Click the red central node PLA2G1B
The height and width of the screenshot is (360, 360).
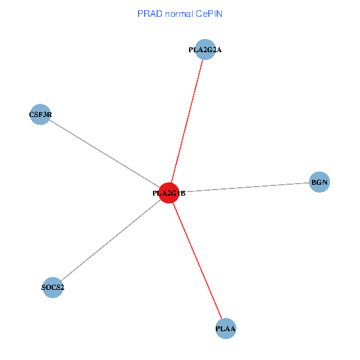(x=170, y=193)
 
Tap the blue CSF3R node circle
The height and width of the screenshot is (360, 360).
(x=40, y=114)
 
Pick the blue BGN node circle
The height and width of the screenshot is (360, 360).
(x=319, y=181)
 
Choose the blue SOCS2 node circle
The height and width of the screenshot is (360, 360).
(x=53, y=287)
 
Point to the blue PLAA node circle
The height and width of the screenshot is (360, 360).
(x=226, y=329)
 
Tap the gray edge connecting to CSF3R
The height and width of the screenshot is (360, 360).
(x=105, y=154)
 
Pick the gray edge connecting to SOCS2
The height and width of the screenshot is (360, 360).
(x=111, y=241)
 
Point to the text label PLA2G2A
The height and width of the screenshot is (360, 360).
(x=205, y=50)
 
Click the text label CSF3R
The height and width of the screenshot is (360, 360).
(x=40, y=113)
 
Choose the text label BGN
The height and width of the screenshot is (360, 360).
(x=319, y=181)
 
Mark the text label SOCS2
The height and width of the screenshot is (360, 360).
(x=53, y=287)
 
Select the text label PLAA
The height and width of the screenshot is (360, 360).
(x=226, y=329)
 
